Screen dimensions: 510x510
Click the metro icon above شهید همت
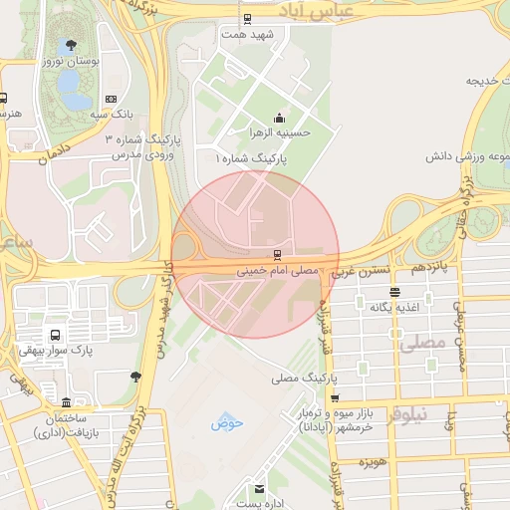click(247, 19)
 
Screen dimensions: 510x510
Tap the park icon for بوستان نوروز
click(70, 45)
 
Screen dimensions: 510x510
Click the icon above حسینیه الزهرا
click(279, 118)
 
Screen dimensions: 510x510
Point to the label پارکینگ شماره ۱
click(252, 158)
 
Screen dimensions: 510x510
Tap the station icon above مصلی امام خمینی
click(277, 255)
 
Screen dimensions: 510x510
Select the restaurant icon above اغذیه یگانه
click(395, 293)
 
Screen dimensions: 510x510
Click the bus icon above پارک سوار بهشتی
click(55, 335)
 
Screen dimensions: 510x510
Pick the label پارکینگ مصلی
click(306, 380)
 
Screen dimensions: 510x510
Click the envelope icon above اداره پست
click(260, 489)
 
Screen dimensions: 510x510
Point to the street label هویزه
click(373, 463)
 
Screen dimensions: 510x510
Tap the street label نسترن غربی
click(357, 270)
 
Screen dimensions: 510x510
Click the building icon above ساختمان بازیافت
click(67, 403)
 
